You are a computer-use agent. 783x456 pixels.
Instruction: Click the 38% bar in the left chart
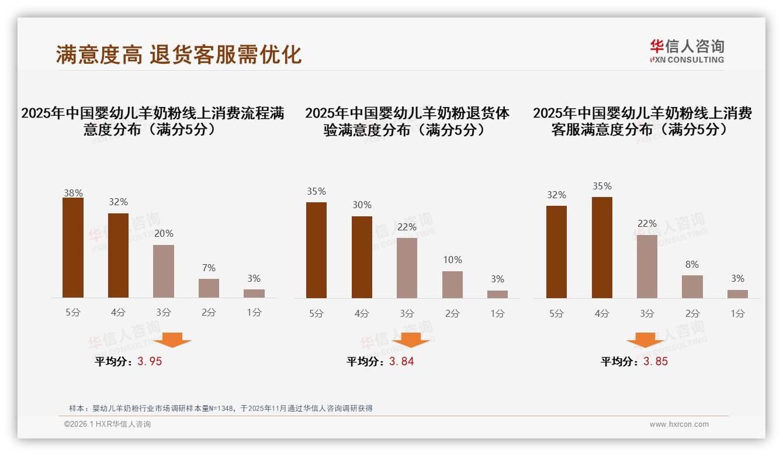click(x=73, y=248)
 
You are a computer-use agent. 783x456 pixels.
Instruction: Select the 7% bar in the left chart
click(x=209, y=288)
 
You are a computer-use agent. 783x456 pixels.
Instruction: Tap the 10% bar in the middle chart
click(x=452, y=285)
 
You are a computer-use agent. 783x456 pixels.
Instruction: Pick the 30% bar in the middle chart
click(x=362, y=257)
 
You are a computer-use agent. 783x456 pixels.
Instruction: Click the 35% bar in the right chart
click(x=602, y=248)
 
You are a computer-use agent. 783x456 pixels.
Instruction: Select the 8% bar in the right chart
click(x=692, y=286)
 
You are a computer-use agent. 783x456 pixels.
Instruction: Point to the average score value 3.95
click(x=150, y=361)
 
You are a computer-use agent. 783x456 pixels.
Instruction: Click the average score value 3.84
click(x=401, y=361)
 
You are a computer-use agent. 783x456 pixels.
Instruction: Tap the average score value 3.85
click(x=656, y=361)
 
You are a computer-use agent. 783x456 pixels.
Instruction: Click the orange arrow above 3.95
click(x=172, y=340)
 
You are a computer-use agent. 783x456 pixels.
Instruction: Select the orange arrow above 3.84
click(x=411, y=340)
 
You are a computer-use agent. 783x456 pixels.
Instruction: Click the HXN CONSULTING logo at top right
click(x=687, y=51)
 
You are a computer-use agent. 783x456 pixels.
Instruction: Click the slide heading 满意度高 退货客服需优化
click(x=179, y=54)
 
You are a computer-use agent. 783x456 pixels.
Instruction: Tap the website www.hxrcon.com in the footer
click(x=679, y=424)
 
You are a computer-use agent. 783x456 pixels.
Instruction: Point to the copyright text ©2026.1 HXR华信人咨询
click(x=108, y=424)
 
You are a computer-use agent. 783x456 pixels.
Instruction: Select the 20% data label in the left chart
click(x=164, y=233)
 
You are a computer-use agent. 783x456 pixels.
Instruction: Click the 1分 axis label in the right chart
click(x=737, y=313)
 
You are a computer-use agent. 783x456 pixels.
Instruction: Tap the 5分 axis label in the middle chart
click(x=316, y=313)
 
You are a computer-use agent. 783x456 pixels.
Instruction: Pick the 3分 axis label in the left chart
click(x=164, y=313)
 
